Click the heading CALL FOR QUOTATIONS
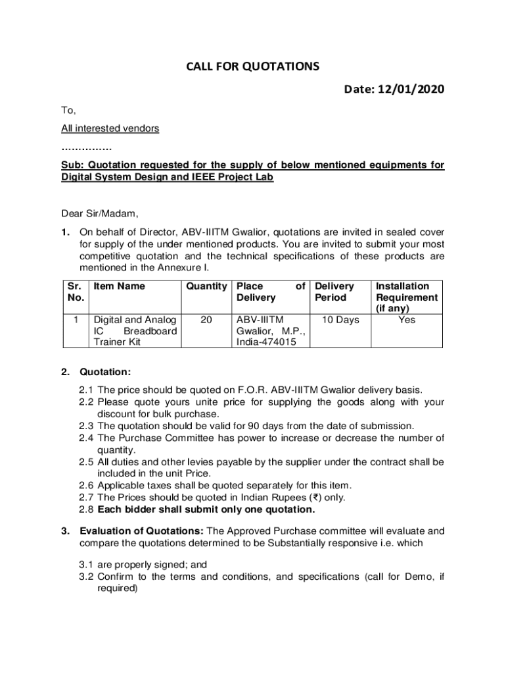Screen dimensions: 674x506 tap(253, 66)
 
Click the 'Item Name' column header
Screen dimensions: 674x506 tap(119, 286)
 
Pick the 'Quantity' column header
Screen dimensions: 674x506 tap(206, 286)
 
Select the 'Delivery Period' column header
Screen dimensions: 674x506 tap(334, 292)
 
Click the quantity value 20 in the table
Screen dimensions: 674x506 tap(206, 320)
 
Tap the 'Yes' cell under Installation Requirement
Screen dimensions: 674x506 tap(407, 320)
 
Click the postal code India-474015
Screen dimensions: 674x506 tap(266, 342)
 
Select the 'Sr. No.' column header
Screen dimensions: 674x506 tap(74, 292)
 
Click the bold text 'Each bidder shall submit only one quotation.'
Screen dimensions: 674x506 tap(206, 509)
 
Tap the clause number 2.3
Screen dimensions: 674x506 tap(86, 426)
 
